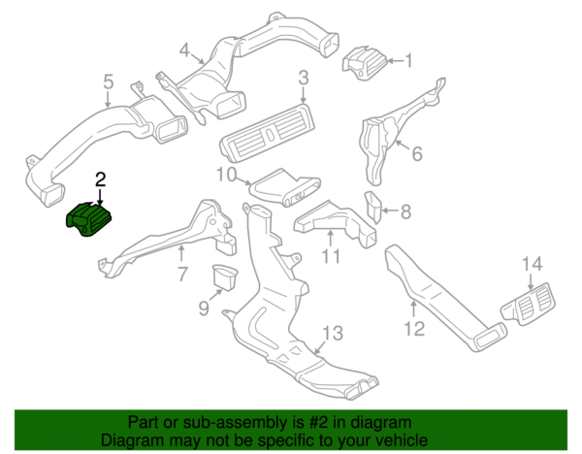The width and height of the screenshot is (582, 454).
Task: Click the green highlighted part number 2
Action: click(x=88, y=220)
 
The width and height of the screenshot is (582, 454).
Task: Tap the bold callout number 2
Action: click(x=101, y=179)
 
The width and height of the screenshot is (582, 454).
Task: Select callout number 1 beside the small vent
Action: click(x=408, y=60)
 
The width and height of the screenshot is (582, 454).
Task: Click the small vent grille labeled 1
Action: click(x=365, y=62)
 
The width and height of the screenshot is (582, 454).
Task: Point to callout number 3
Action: click(x=304, y=79)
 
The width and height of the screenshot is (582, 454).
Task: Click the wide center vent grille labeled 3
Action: click(x=268, y=133)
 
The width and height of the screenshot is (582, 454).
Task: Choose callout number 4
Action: click(x=184, y=50)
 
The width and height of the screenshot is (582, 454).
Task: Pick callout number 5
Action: click(x=108, y=81)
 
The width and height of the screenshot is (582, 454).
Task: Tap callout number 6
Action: click(x=417, y=153)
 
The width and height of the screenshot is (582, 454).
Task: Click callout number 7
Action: click(x=182, y=275)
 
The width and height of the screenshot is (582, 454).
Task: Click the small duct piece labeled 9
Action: click(x=225, y=276)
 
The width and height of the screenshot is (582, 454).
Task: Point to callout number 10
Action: click(x=226, y=175)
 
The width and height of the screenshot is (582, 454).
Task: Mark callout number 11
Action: click(x=331, y=256)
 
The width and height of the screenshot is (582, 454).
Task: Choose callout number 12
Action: click(x=414, y=329)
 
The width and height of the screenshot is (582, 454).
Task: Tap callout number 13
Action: click(x=333, y=333)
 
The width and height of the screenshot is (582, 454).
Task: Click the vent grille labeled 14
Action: click(x=528, y=305)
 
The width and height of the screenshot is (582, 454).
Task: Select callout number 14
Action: click(x=533, y=264)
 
